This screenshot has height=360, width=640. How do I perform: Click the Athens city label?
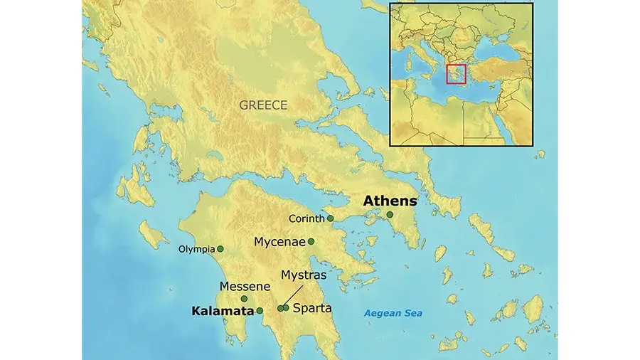[390, 201]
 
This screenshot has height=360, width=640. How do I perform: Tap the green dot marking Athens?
[390, 214]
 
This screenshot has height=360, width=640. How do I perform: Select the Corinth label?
[306, 218]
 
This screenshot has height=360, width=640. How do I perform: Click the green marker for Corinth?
[330, 218]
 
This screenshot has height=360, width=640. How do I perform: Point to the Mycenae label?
[279, 242]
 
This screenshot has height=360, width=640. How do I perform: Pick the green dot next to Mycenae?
[311, 242]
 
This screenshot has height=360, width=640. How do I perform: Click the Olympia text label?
[196, 249]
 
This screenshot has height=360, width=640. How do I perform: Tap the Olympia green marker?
[220, 249]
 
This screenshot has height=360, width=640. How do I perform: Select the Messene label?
[245, 286]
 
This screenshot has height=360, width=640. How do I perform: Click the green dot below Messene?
[244, 299]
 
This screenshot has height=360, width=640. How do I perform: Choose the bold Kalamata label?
[223, 311]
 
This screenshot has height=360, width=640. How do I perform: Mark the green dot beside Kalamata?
[260, 311]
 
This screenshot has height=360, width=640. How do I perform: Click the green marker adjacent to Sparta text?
[286, 308]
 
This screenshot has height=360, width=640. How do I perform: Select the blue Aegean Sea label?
[393, 313]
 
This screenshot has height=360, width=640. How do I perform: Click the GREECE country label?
[263, 105]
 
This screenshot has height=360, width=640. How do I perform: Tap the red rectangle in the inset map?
[456, 74]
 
